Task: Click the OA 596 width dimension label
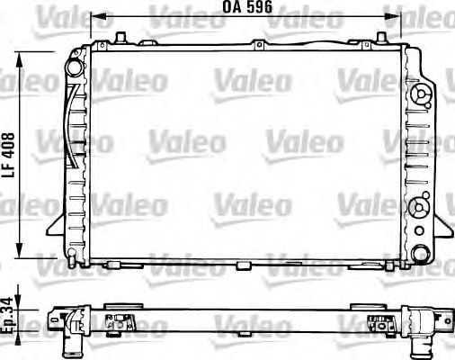[247, 7]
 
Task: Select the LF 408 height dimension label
[8, 155]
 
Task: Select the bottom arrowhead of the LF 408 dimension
[20, 249]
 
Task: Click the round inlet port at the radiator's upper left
[74, 67]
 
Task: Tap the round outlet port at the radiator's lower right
[420, 254]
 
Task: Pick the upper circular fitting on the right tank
[422, 94]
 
